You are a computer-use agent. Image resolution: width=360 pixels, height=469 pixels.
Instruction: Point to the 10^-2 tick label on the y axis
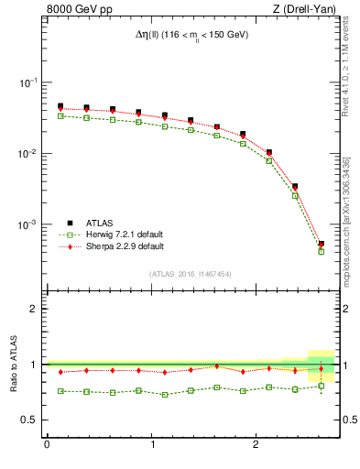[x=29, y=154]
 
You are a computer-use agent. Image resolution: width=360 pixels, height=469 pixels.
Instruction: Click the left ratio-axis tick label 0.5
[x=31, y=420]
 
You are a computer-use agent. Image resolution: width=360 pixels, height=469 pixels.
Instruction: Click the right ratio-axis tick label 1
[x=346, y=365]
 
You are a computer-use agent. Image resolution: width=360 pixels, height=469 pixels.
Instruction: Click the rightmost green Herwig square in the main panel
[x=321, y=251]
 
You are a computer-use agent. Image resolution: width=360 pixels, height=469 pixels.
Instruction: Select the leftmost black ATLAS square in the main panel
[x=60, y=106]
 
